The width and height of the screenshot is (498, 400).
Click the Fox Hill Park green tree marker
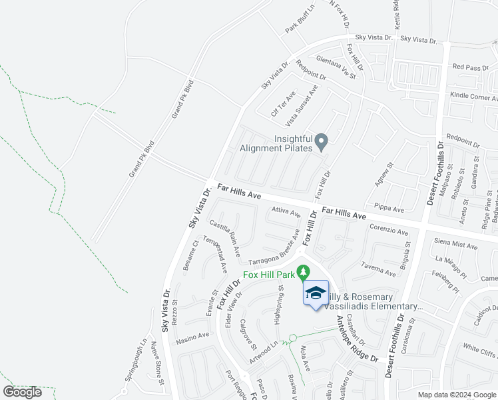click(x=304, y=272)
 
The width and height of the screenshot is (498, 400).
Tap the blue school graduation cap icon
click(x=316, y=293)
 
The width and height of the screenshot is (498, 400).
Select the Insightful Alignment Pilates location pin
click(x=322, y=141)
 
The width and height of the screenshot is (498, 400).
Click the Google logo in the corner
click(x=22, y=392)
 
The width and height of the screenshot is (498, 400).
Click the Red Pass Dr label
click(x=471, y=67)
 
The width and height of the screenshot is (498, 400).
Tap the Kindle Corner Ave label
click(x=473, y=96)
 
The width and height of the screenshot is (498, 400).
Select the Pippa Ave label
click(x=389, y=208)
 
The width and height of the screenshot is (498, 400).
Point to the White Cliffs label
click(x=480, y=349)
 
